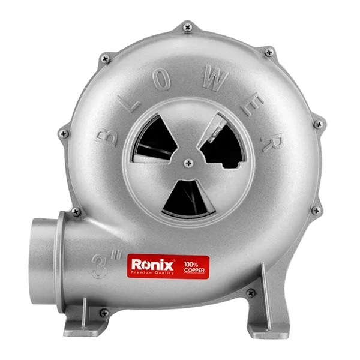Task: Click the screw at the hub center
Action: point(188,163)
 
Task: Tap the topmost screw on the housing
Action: point(188,28)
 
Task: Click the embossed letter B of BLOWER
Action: point(107,138)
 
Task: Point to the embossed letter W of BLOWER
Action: point(215,77)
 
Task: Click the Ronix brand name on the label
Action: point(152,265)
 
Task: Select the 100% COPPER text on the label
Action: point(194,268)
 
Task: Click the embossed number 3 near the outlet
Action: point(100,267)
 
